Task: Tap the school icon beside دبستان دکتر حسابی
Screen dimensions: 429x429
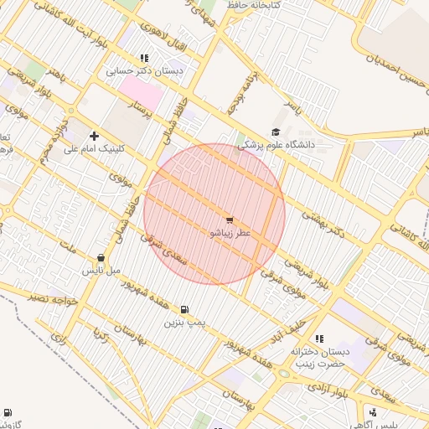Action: click(x=144, y=59)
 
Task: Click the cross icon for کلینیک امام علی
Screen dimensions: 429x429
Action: click(x=93, y=136)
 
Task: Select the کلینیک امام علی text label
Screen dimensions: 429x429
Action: click(x=93, y=148)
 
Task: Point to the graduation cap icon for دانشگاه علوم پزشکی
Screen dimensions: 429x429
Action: click(x=276, y=132)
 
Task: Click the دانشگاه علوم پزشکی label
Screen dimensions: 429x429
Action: click(x=276, y=145)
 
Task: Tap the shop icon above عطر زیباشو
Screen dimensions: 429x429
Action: click(x=229, y=220)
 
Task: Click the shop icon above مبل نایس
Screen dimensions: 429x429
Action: click(x=101, y=258)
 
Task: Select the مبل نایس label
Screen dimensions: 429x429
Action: click(x=101, y=271)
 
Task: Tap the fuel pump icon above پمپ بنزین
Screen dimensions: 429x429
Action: click(x=184, y=308)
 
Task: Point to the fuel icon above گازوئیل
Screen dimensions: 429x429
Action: click(x=8, y=412)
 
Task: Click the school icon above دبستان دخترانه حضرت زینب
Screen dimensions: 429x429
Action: click(x=318, y=339)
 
